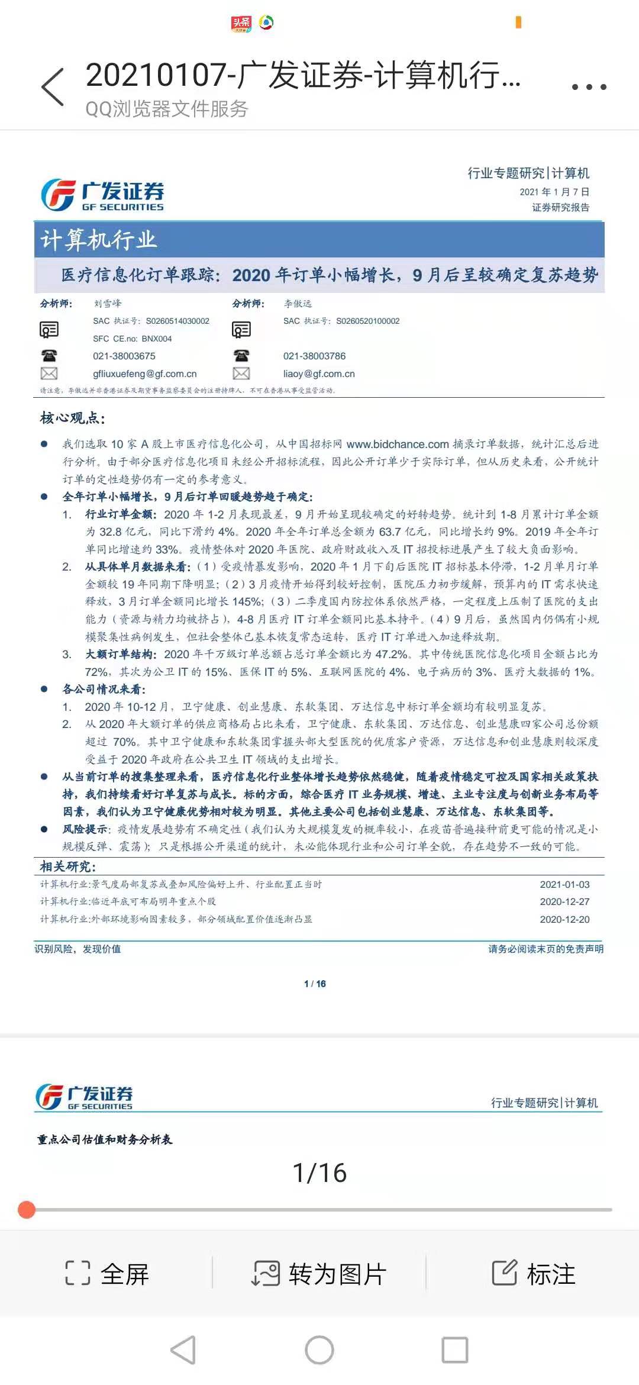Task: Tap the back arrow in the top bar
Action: pos(53,87)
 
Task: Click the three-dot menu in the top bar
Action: pos(589,87)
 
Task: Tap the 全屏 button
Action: pos(107,1274)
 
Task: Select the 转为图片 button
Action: pos(319,1274)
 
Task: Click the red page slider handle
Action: pos(27,1209)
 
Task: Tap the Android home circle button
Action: pos(319,1349)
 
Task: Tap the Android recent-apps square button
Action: pos(455,1349)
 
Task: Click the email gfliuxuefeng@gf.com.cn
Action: pos(144,374)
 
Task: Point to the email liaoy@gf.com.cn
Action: pos(319,374)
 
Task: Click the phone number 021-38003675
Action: pos(124,356)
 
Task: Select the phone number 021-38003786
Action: pos(314,356)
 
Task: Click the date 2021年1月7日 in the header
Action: pos(554,192)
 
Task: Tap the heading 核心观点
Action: pos(72,418)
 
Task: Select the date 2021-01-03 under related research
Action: pos(564,884)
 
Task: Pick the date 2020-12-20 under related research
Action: pos(564,919)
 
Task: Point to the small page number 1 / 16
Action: pos(315,984)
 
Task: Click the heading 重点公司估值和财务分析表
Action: pos(105,1139)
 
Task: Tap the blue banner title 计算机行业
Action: pos(98,240)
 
